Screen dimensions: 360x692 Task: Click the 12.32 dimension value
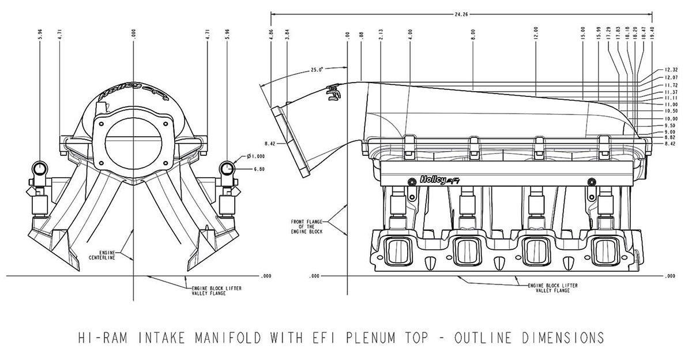click(670, 69)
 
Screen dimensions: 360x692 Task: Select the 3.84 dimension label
click(287, 33)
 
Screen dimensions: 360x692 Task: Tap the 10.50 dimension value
click(670, 111)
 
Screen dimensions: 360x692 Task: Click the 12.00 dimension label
click(536, 33)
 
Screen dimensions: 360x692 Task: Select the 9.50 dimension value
click(670, 125)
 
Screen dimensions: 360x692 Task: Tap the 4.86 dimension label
click(271, 33)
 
